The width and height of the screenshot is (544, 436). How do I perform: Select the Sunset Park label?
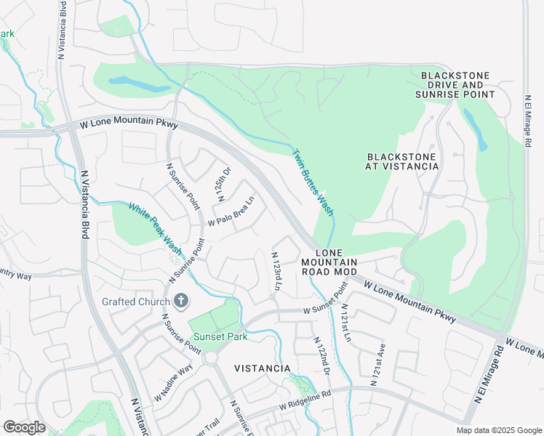point(220,336)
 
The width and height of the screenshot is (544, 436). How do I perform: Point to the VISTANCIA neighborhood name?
point(263,368)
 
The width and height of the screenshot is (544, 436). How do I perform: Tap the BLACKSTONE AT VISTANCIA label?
point(403,161)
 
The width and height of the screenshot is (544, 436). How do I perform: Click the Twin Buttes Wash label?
point(313,182)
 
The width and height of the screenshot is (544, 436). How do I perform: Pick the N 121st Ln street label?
point(345,323)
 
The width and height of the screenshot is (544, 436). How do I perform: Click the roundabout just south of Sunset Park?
point(211,358)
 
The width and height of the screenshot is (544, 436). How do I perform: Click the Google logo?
point(25,427)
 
